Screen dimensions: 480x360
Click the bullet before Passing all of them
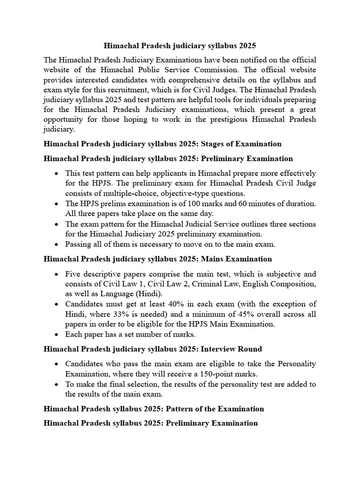(56, 244)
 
